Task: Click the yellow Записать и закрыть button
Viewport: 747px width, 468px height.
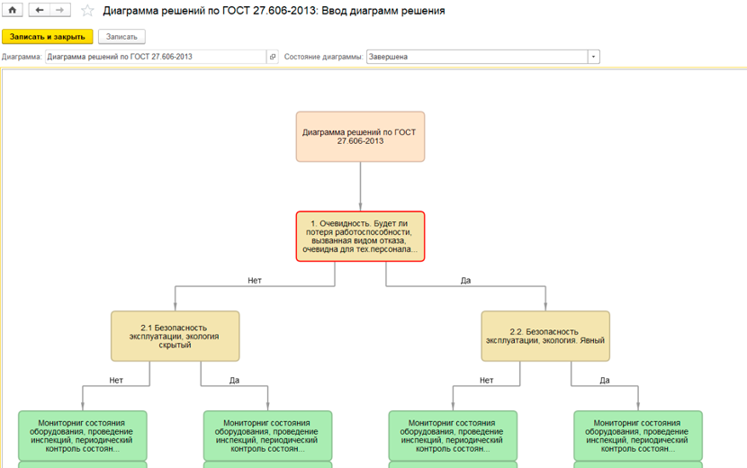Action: [x=47, y=37]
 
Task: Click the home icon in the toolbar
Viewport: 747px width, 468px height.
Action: [x=13, y=10]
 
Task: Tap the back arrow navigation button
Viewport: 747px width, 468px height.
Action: [x=40, y=10]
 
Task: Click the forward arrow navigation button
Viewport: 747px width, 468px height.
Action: [x=60, y=10]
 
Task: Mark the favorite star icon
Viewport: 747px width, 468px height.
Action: [x=87, y=11]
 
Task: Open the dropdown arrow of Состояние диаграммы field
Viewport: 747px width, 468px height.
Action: [x=594, y=57]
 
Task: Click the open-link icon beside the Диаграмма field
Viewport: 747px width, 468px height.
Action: [x=273, y=57]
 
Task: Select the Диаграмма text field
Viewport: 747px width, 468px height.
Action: [x=156, y=57]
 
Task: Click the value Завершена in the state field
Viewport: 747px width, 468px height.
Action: [x=388, y=57]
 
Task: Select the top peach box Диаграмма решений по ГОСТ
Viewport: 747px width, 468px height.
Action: [x=360, y=137]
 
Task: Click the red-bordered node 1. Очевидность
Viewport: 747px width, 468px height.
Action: [x=360, y=237]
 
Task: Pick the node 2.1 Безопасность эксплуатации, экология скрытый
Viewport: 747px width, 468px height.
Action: [x=175, y=336]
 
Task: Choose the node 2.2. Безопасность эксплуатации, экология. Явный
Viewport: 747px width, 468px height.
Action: [x=545, y=336]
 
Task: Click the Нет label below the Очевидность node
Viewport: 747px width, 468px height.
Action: [x=255, y=281]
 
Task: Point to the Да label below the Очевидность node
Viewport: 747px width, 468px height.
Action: [x=465, y=281]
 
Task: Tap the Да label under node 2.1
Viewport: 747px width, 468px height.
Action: [x=234, y=381]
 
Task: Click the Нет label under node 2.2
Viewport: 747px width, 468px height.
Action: [x=486, y=381]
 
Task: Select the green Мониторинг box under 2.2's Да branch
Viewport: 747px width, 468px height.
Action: [x=638, y=436]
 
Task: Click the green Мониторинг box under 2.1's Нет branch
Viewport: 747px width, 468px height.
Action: [x=83, y=436]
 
